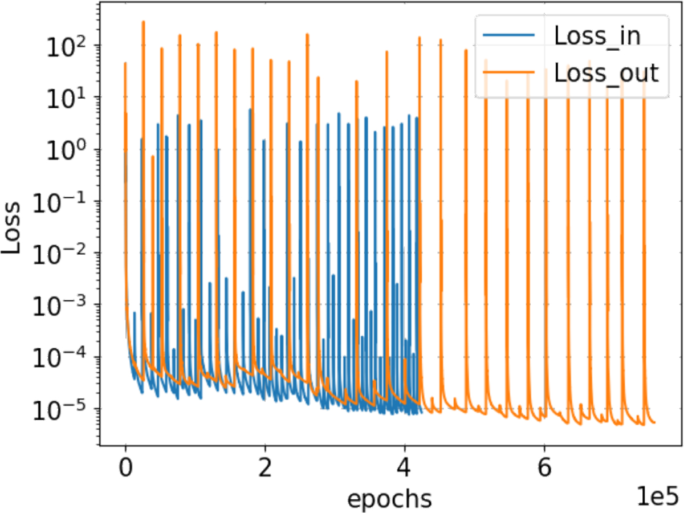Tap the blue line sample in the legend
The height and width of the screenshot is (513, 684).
509,36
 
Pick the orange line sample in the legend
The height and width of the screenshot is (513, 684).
509,72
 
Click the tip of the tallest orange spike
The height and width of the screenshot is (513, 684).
143,22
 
